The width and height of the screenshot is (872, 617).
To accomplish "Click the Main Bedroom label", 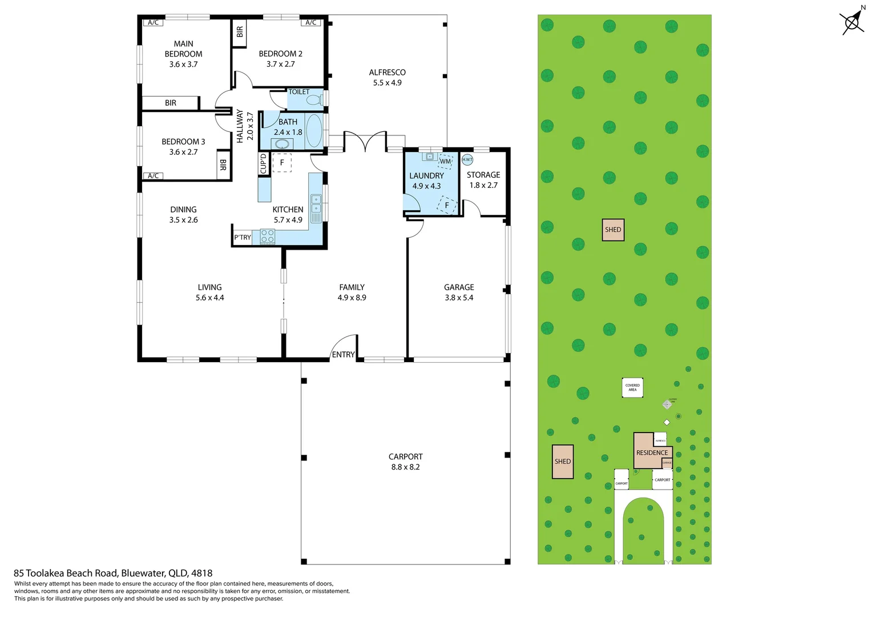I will pos(183,49).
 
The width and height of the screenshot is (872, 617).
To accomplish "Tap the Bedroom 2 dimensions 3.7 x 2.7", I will pos(280,64).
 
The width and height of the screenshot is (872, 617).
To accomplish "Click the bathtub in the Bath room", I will pos(314,131).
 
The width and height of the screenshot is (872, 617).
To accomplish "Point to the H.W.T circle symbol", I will pos(467,160).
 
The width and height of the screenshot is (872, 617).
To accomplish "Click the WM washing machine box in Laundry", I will pos(446,161).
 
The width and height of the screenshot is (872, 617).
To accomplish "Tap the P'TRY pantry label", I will pos(242,238).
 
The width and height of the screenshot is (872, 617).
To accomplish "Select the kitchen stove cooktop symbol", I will pos(267,237).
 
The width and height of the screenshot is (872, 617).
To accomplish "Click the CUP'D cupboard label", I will pos(263,163).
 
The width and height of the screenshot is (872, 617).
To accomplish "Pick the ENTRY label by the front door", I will pos(343,355).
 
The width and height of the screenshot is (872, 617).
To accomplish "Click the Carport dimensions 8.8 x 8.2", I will pos(405,467).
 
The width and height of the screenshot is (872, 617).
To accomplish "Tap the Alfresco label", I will pos(387,73).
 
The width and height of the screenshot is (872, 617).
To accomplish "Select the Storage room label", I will pos(483,175).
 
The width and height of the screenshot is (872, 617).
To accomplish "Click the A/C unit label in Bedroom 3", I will pos(153,176).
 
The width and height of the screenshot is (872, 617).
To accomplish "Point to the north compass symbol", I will pos(853,22).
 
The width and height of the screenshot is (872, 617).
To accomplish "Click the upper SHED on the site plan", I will pos(613,230).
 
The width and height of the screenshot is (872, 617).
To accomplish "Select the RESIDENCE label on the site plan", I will pos(652,452).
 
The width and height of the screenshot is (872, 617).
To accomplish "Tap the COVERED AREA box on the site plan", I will pos(632,387).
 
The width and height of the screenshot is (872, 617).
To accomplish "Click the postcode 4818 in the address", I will pos(201,573).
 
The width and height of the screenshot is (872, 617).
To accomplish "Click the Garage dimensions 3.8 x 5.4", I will pos(459,298).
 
